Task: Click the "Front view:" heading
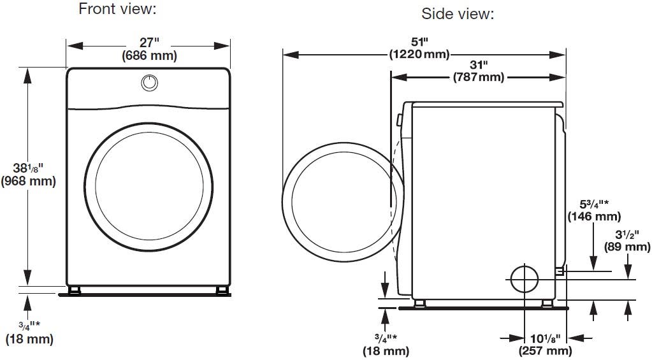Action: tap(118, 8)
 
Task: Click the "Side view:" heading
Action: tap(458, 14)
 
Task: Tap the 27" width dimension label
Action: tap(149, 43)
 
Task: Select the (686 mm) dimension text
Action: tap(149, 55)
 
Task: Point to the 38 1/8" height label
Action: tap(28, 168)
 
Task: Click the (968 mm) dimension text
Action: tap(28, 181)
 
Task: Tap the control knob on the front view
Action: tap(149, 83)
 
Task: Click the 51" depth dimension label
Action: tap(419, 41)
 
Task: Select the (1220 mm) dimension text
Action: tap(419, 54)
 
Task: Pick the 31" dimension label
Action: tap(479, 65)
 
